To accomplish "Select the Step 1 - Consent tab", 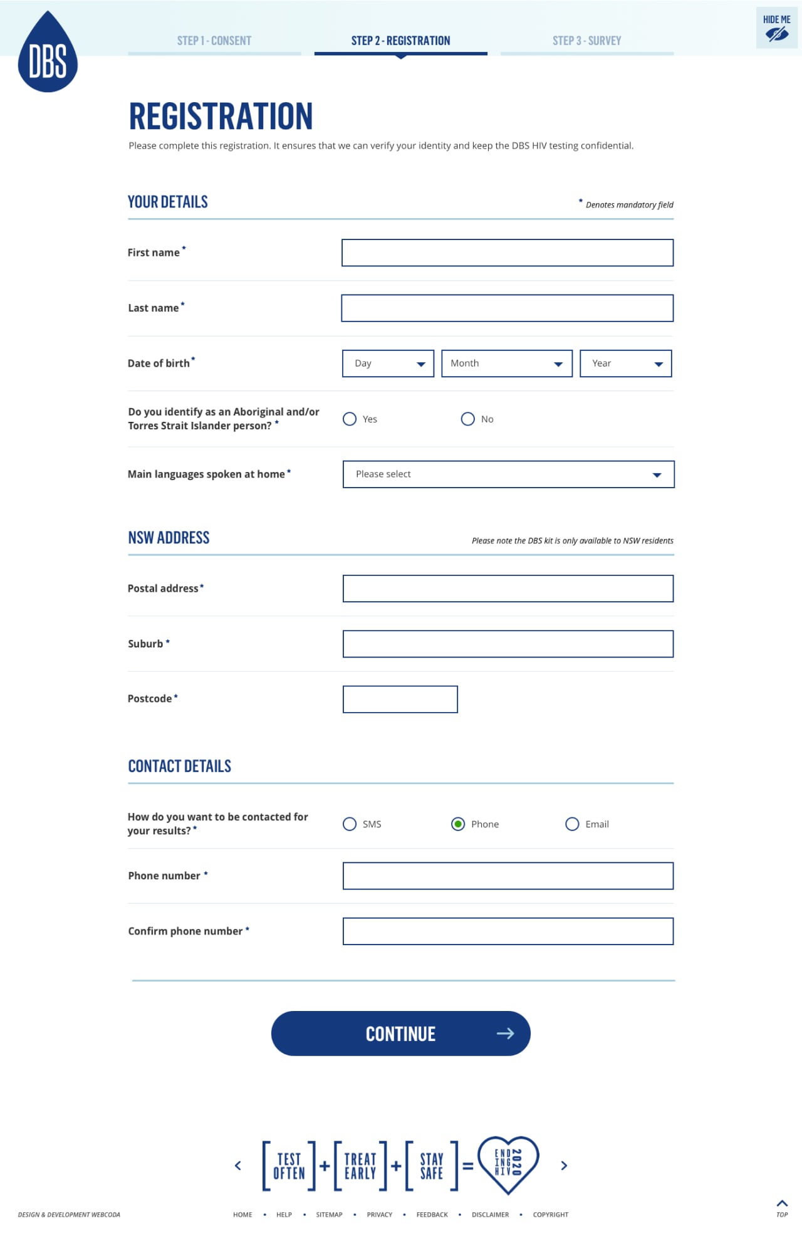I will (x=214, y=41).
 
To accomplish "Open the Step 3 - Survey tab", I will (x=586, y=41).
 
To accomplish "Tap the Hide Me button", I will (x=776, y=28).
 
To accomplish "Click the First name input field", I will (x=507, y=253).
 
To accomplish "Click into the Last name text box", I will (x=507, y=308).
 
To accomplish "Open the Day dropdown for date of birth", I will (x=388, y=364).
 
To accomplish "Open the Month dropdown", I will (x=506, y=364).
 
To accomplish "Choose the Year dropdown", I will (x=625, y=364).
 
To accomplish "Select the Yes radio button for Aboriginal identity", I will (x=350, y=419).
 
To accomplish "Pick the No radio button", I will (x=467, y=419).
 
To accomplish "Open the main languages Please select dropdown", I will (x=508, y=474).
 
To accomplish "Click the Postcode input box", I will (x=400, y=699).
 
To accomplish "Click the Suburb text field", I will (x=508, y=644).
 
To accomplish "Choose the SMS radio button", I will (x=350, y=824).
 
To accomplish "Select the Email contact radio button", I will (x=572, y=824).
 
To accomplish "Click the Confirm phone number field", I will (x=508, y=931).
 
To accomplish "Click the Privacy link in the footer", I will (x=379, y=1215).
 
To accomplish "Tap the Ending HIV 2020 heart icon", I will (x=508, y=1165).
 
